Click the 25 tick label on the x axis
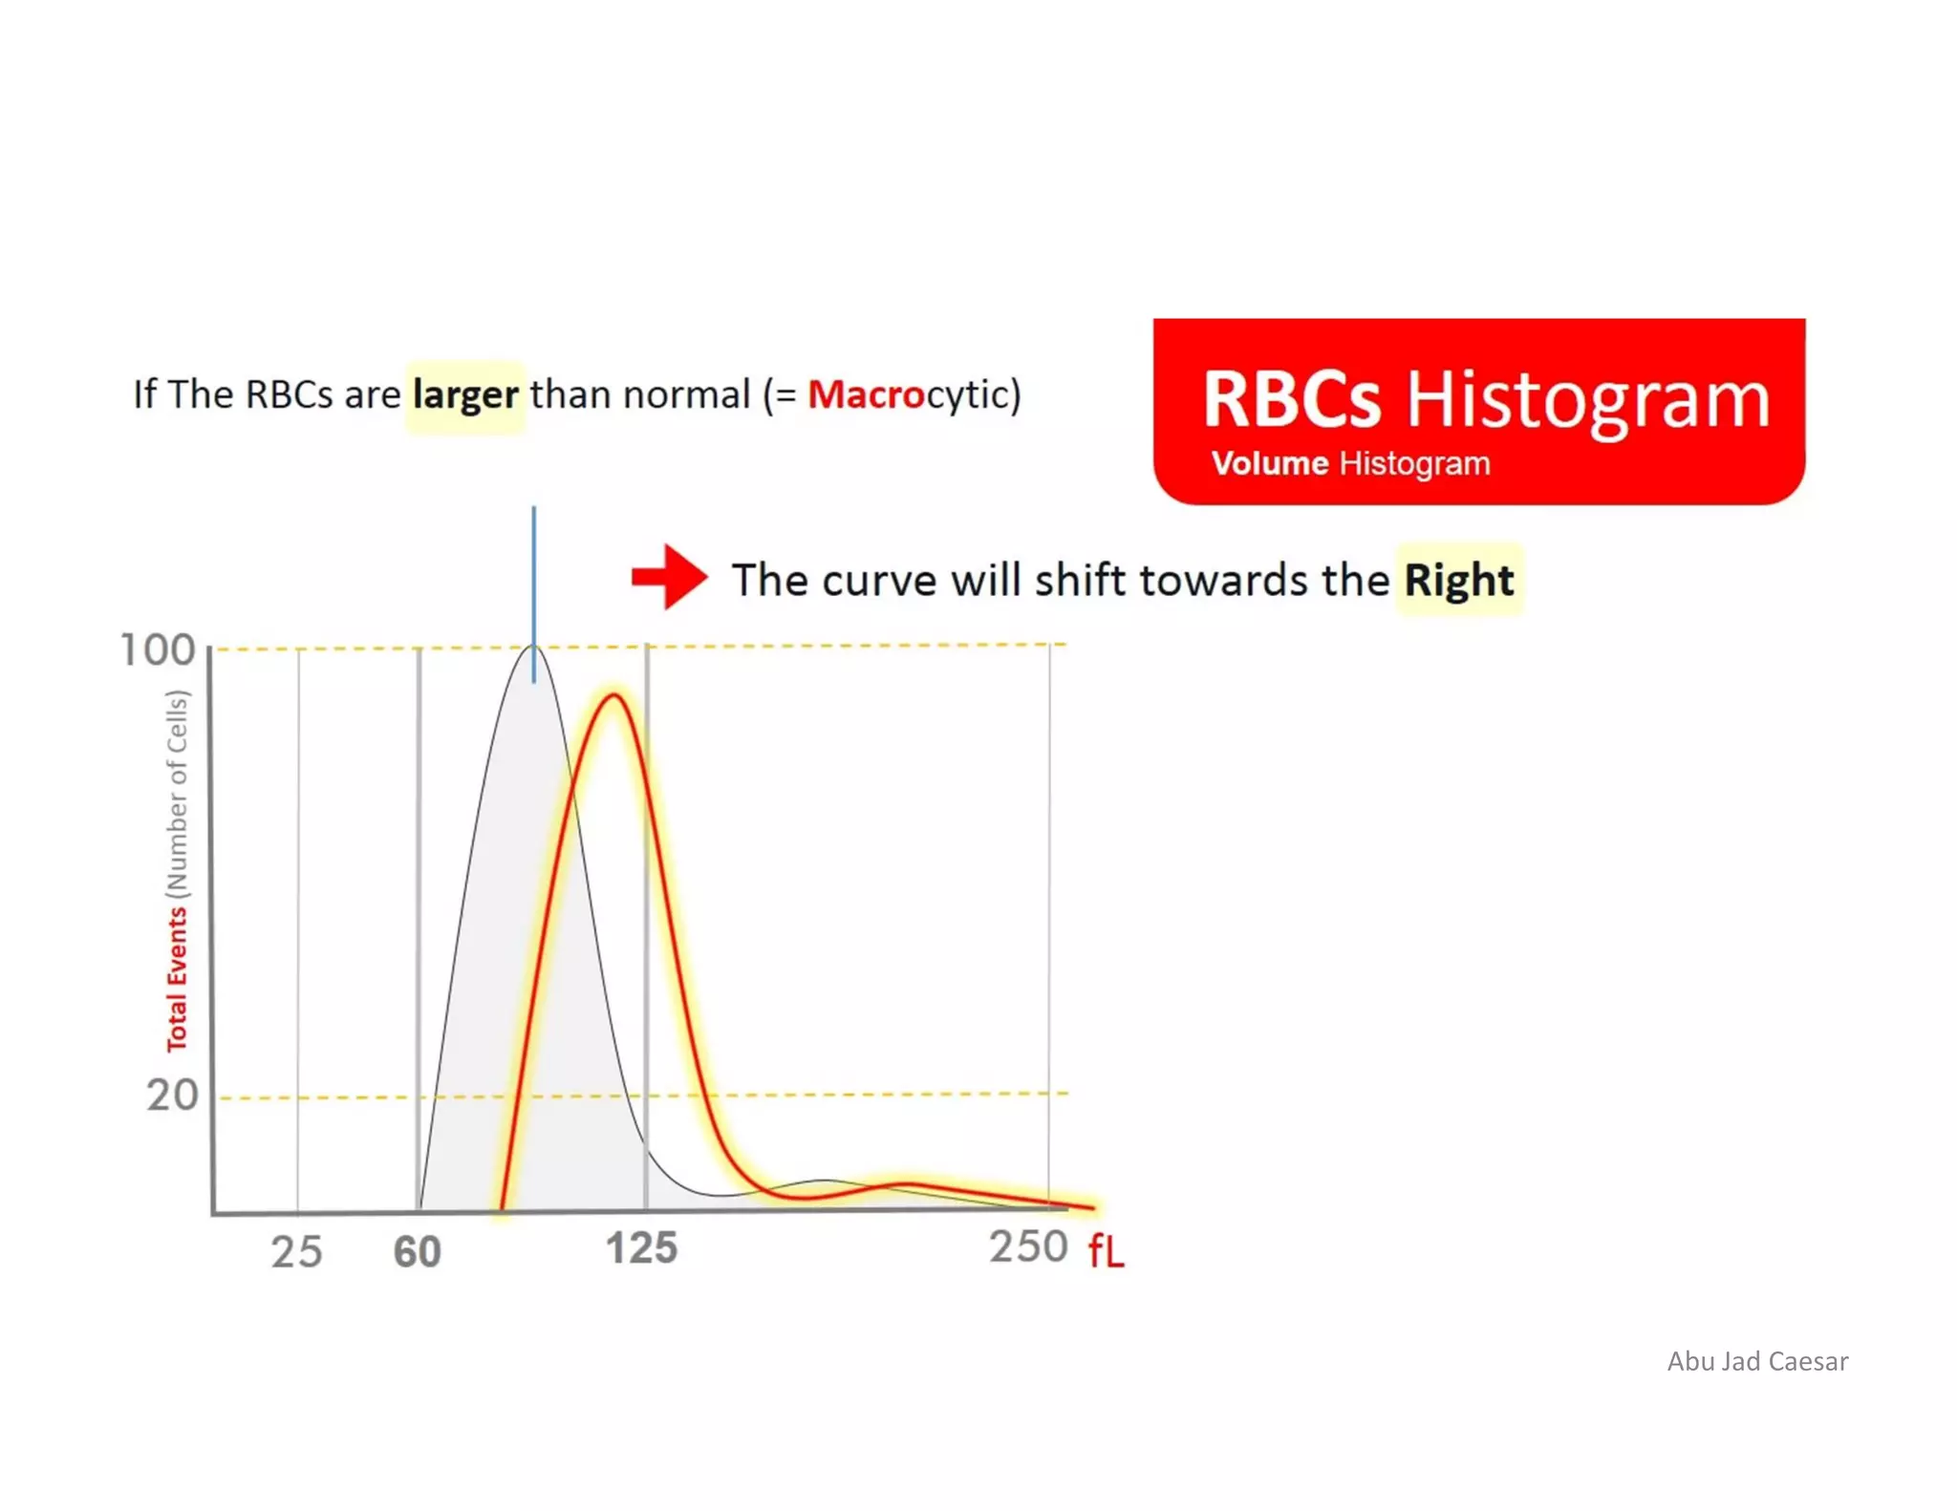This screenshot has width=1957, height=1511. coord(296,1251)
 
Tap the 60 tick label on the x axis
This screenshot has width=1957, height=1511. coord(418,1251)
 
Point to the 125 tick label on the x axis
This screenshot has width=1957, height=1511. coord(642,1248)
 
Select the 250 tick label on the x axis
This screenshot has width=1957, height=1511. coord(1028,1246)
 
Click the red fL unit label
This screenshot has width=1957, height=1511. coord(1106,1251)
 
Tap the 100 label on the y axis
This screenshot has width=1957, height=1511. coord(158,650)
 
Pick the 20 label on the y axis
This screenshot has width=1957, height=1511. coord(173,1096)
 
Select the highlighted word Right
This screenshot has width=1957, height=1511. coord(1458,581)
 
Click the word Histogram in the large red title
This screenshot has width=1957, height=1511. coord(1588,398)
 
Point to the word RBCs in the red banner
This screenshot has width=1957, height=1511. coord(1291,398)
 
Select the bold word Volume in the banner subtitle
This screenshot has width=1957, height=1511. coord(1270,464)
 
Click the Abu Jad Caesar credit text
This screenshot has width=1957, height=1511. coord(1757,1361)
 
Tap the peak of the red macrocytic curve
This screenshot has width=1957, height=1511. coord(614,697)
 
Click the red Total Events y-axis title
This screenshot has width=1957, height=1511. coord(178,979)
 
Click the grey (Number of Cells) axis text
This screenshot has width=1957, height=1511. coord(179,794)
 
